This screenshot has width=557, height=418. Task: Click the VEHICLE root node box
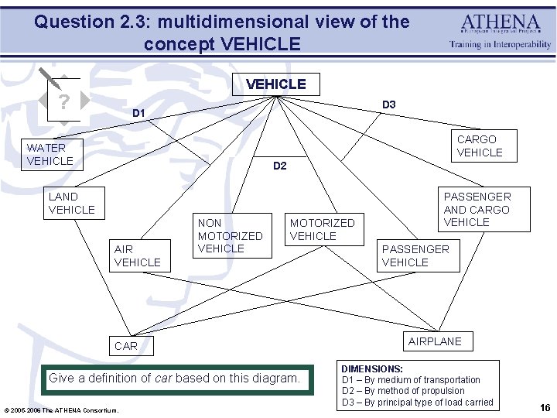click(275, 84)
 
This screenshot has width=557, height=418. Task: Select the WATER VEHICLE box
click(50, 154)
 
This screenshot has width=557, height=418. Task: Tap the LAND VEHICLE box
click(72, 204)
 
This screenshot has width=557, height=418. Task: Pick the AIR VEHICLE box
click(138, 256)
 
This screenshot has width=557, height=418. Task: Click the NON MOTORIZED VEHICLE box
click(231, 235)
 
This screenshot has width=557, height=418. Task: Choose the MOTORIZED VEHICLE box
click(322, 229)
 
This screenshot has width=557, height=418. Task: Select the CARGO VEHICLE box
click(480, 146)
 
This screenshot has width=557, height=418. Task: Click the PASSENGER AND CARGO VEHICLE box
click(477, 209)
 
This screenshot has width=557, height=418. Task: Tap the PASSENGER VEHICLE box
click(415, 256)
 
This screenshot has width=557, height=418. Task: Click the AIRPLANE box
click(435, 341)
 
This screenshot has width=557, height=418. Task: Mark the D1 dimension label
click(138, 114)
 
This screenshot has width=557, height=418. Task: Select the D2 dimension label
click(280, 166)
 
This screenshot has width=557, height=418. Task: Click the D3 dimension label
click(389, 104)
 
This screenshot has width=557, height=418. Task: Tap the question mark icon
click(63, 101)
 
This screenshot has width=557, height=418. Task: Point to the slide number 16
click(545, 407)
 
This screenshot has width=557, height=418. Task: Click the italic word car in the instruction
click(163, 379)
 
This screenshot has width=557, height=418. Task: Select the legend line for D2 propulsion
click(403, 391)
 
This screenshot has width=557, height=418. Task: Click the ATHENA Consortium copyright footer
click(62, 410)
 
